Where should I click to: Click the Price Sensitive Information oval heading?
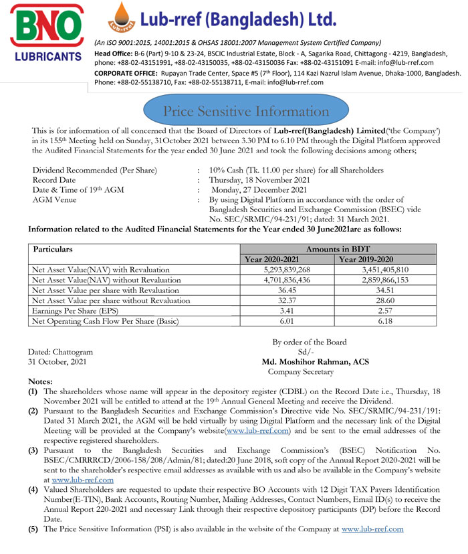237,111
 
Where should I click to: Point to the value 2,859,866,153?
374,280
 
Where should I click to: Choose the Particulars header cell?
53,249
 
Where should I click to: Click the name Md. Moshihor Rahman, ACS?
308,362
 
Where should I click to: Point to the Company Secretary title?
300,371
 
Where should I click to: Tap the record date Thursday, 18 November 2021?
259,180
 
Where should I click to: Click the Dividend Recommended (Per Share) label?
95,170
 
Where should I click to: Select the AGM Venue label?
55,199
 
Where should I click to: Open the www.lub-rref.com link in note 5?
372,529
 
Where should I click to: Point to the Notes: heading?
43,380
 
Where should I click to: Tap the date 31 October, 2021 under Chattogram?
57,362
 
